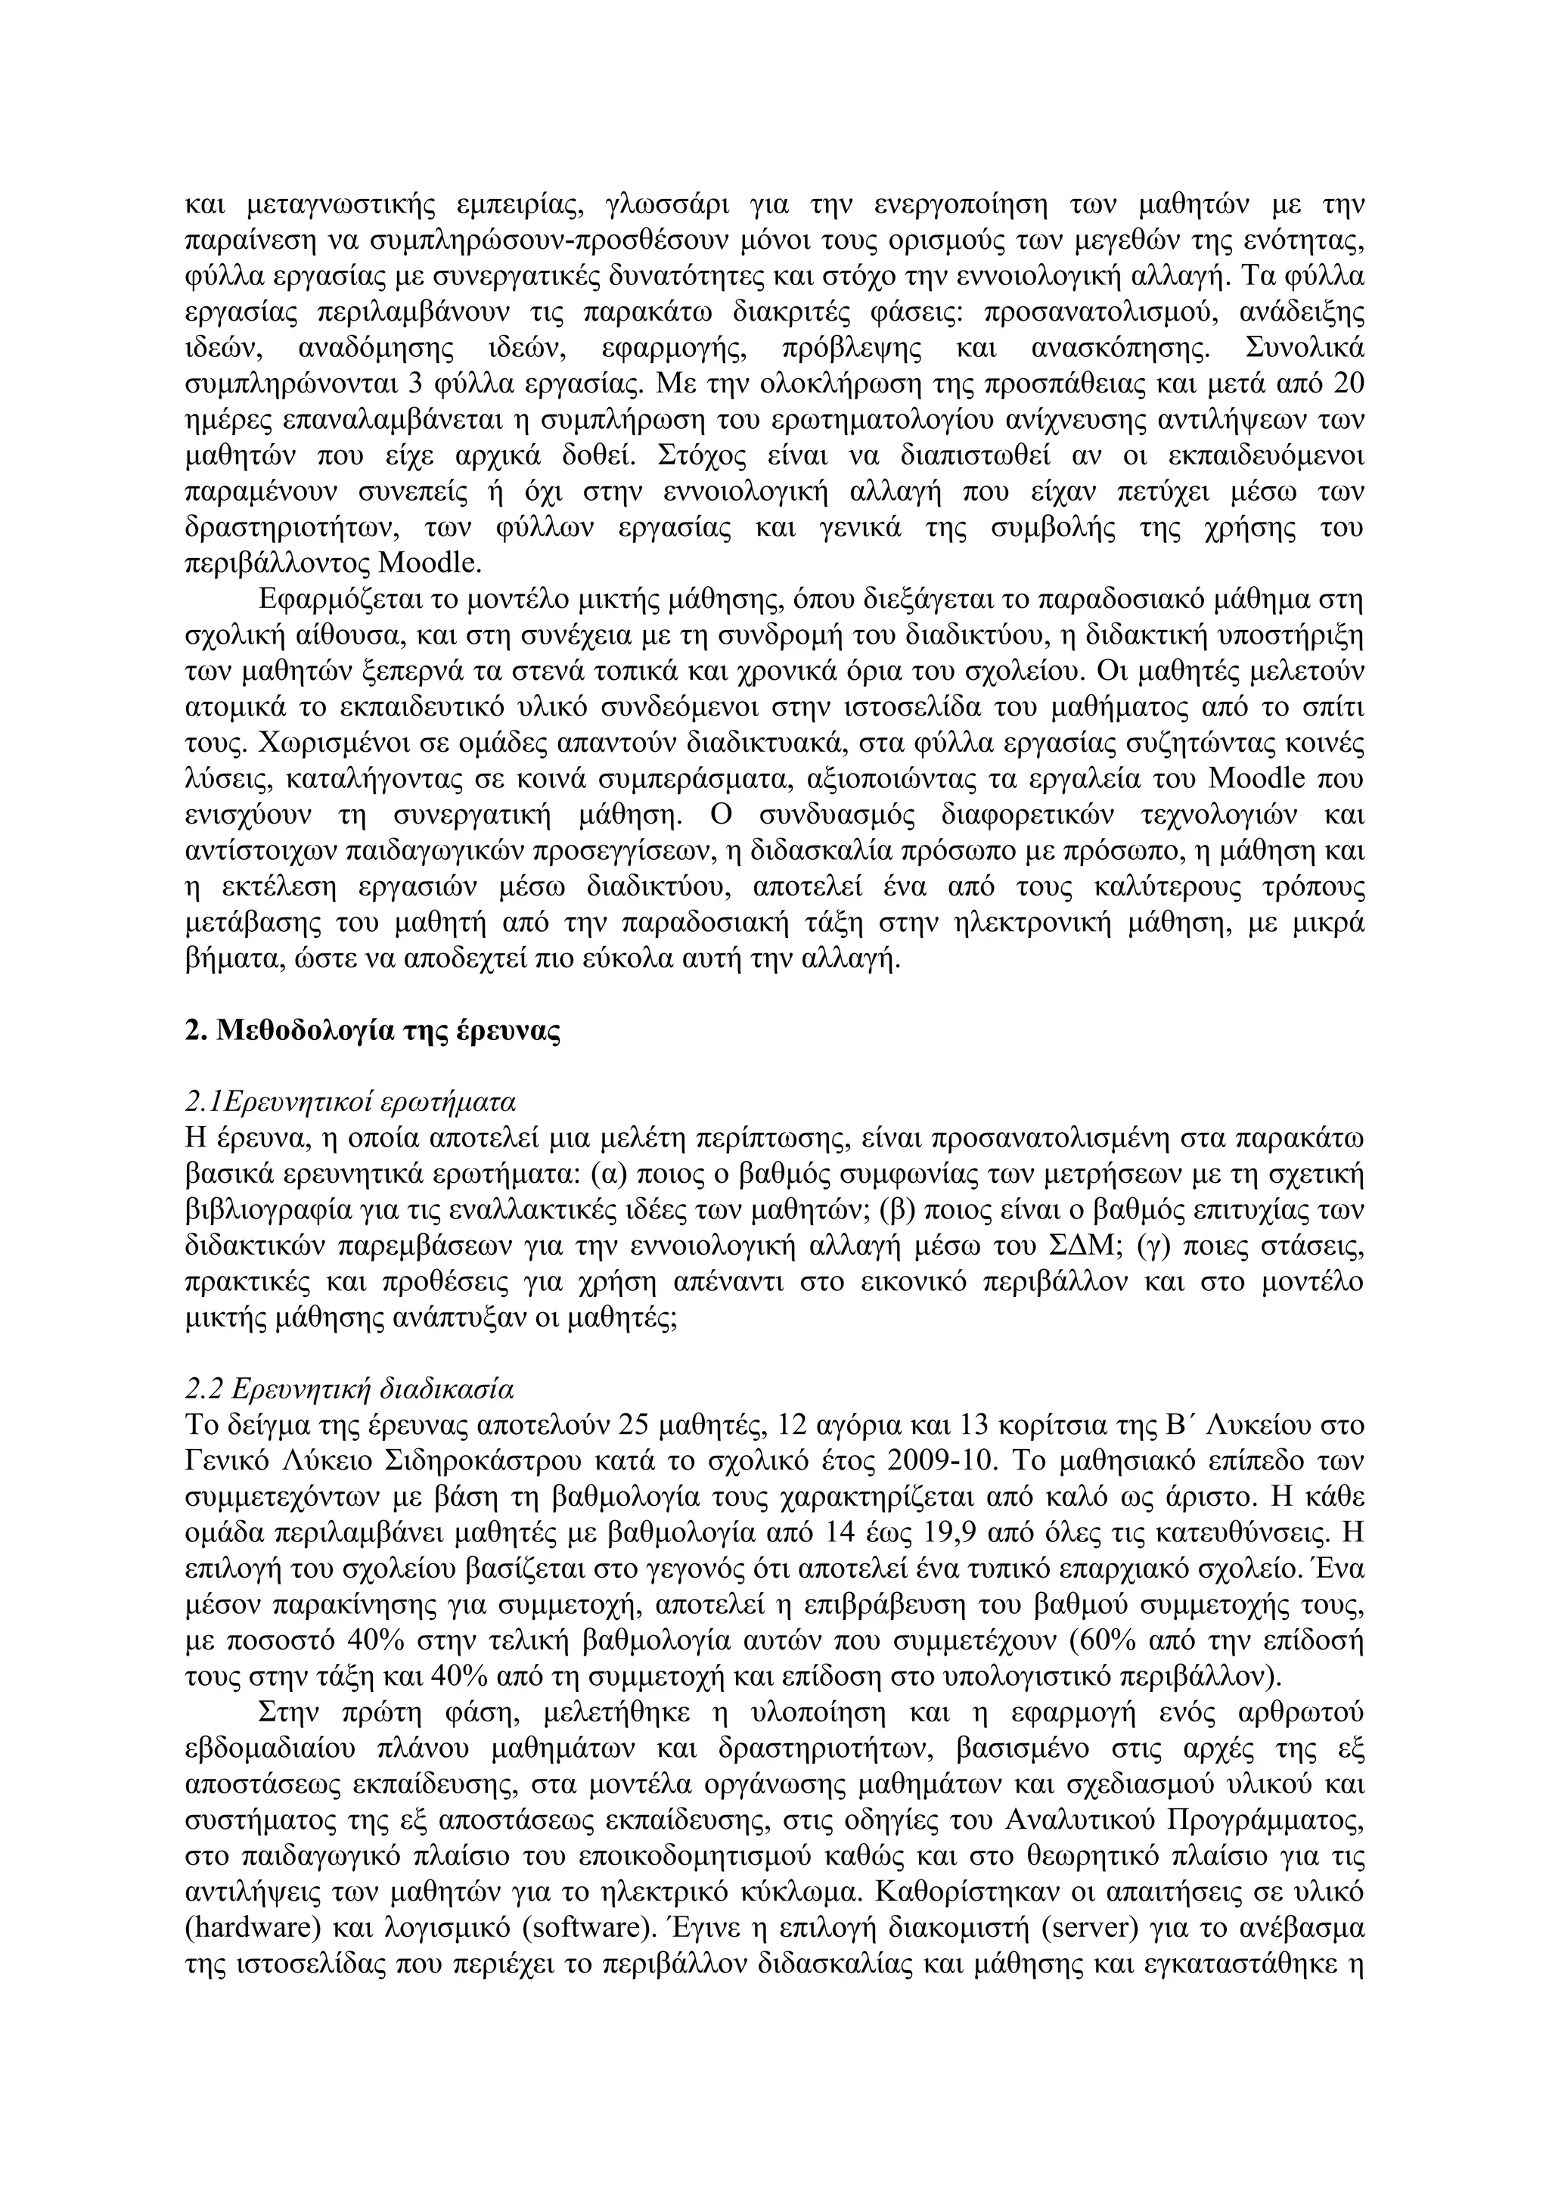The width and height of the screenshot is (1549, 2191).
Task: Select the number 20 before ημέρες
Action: click(x=1346, y=384)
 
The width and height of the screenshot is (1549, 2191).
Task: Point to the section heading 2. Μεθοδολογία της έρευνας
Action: click(x=371, y=1032)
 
